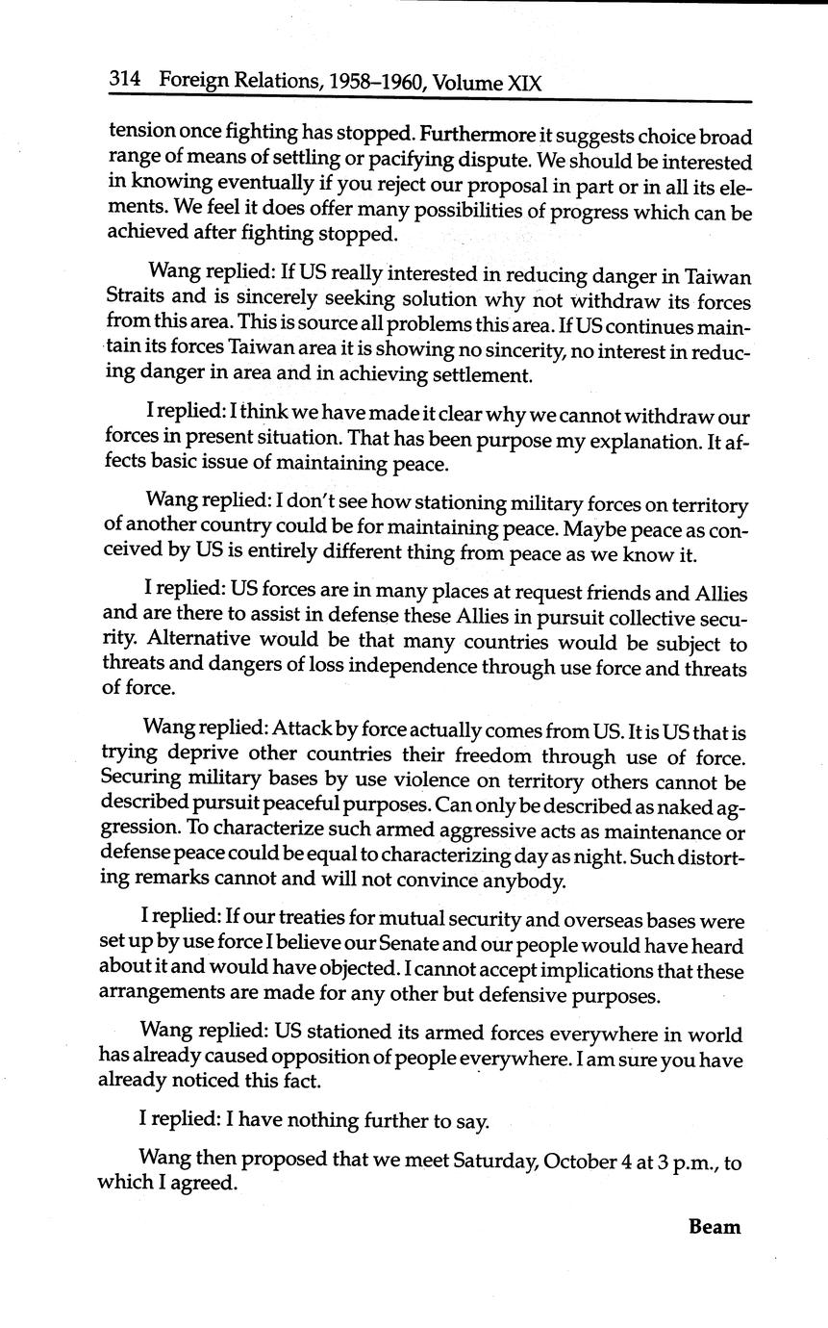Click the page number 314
pos(126,83)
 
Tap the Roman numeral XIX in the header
pos(524,84)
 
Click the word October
pos(580,1162)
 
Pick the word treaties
pos(307,921)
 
